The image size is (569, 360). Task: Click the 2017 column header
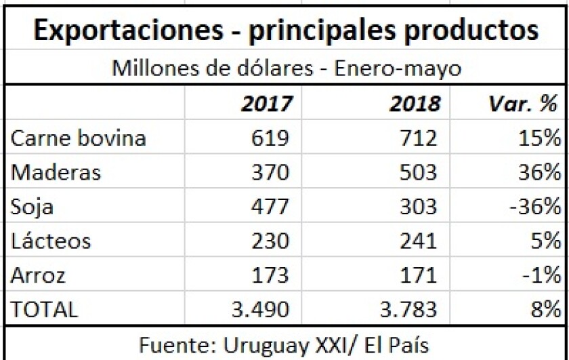click(267, 104)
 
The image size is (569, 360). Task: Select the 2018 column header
click(415, 104)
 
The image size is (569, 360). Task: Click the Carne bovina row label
click(79, 138)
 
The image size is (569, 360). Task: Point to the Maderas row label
click(56, 172)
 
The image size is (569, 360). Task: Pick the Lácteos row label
click(51, 241)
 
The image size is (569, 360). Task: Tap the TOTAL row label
click(45, 309)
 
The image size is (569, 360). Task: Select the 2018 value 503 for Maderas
click(418, 172)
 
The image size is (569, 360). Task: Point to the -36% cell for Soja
click(536, 207)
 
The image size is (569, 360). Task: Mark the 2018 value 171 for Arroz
click(419, 275)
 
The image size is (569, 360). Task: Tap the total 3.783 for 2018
click(408, 309)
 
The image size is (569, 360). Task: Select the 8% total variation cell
click(545, 309)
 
